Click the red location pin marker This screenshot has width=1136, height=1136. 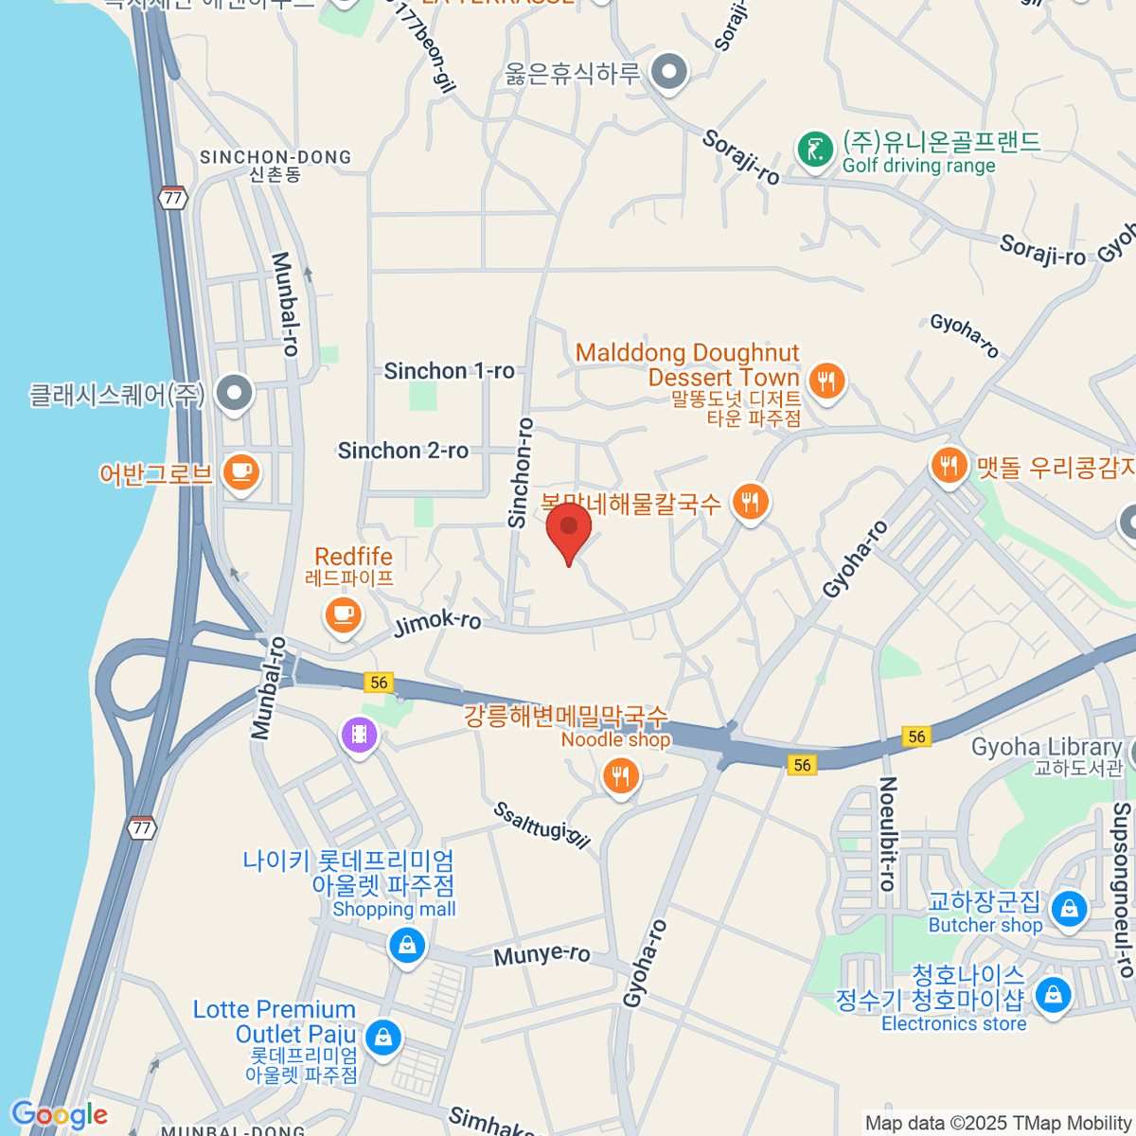pyautogui.click(x=568, y=528)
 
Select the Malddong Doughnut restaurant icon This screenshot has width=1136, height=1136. pyautogui.click(x=826, y=381)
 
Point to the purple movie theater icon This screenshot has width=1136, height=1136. pyautogui.click(x=360, y=734)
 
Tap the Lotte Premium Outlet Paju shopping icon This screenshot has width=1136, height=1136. pyautogui.click(x=382, y=1037)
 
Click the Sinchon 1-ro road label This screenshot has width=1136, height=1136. pyautogui.click(x=449, y=371)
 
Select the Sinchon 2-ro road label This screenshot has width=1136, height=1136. pyautogui.click(x=403, y=451)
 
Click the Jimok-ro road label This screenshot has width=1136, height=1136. pyautogui.click(x=437, y=622)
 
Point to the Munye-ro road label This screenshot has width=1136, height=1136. pyautogui.click(x=541, y=954)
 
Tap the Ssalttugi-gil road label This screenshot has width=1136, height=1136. pyautogui.click(x=541, y=825)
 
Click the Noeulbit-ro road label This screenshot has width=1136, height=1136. pyautogui.click(x=887, y=833)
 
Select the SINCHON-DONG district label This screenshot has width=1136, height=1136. pyautogui.click(x=275, y=158)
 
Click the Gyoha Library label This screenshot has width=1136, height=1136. pyautogui.click(x=1046, y=748)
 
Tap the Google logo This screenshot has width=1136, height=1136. pyautogui.click(x=60, y=1114)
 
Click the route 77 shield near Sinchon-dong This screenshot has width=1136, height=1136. pyautogui.click(x=172, y=198)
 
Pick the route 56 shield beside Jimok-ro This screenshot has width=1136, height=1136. pyautogui.click(x=379, y=683)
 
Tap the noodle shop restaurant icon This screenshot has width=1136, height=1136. pyautogui.click(x=620, y=777)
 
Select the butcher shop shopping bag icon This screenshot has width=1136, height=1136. pyautogui.click(x=1069, y=909)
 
